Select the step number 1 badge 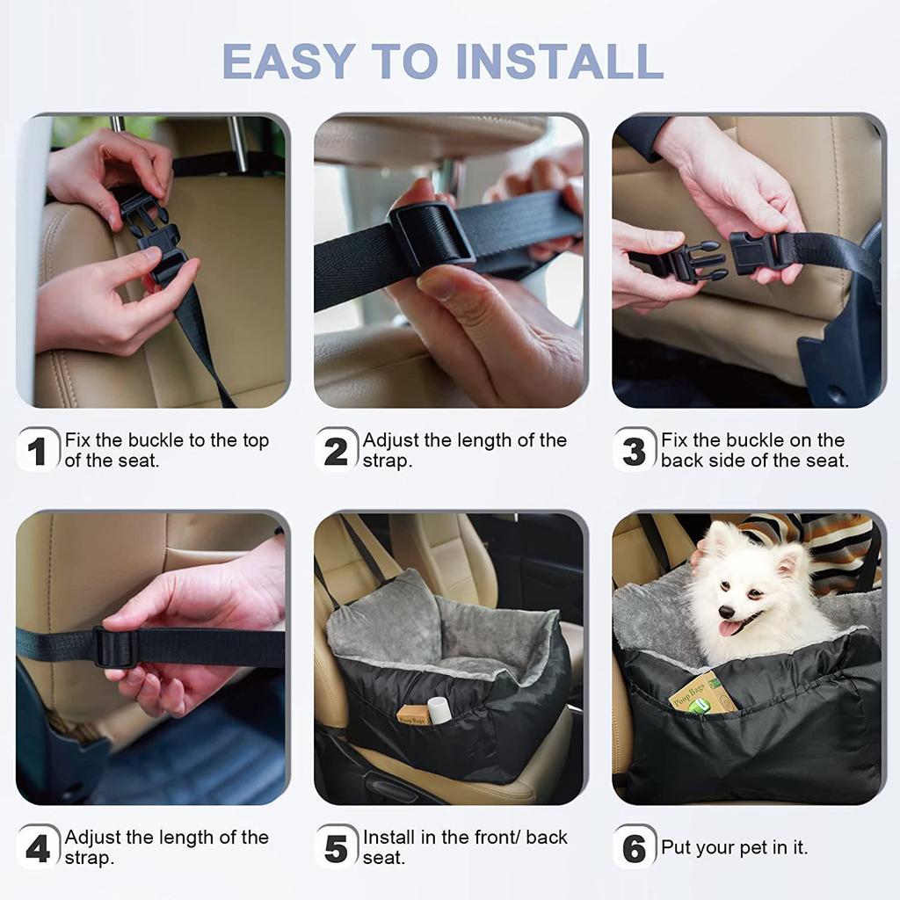pos(38,451)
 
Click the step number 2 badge pos(336,451)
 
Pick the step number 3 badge pos(634,451)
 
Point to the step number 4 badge pos(38,847)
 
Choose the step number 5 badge pos(336,847)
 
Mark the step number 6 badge pos(634,847)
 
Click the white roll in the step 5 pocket pos(439,710)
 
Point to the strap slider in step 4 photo pos(116,648)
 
